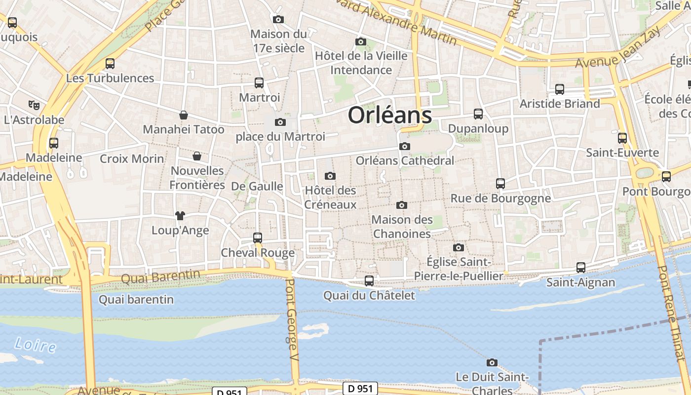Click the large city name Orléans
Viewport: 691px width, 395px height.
click(x=390, y=115)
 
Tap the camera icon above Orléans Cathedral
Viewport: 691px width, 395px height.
click(x=405, y=146)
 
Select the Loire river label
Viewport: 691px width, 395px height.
click(x=35, y=345)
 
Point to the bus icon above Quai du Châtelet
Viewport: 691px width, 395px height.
click(x=369, y=281)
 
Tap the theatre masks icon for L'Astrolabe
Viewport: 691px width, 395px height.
click(x=34, y=105)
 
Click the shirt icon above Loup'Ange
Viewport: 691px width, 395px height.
click(x=180, y=215)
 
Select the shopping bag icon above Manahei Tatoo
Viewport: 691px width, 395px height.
click(x=184, y=115)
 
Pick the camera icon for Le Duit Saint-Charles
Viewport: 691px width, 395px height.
click(x=492, y=362)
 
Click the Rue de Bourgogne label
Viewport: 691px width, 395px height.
click(x=500, y=198)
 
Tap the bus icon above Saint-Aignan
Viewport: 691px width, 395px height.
click(x=581, y=268)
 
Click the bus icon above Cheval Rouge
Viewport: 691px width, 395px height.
click(x=257, y=238)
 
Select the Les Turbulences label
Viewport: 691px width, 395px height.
click(x=110, y=78)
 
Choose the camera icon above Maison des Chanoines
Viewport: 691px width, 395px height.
click(x=402, y=205)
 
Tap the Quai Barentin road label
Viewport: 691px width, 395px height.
click(x=160, y=276)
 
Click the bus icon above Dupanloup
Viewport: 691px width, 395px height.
click(x=478, y=114)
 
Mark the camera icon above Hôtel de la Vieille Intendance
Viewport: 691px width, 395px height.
click(x=361, y=41)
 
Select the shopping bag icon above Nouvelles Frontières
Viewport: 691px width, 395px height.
click(x=197, y=156)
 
